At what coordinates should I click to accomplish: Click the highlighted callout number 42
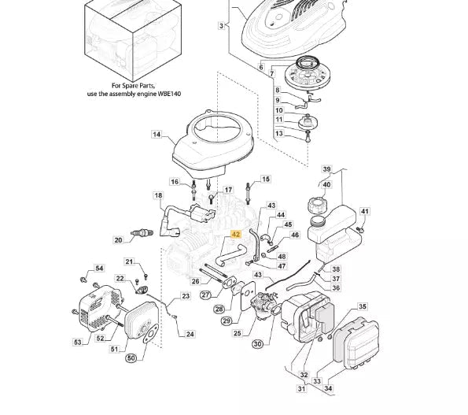[x=236, y=234]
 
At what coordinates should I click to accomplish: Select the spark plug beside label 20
[x=142, y=232]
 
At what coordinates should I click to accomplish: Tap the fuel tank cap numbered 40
[x=317, y=206]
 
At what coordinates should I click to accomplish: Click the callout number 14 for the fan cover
[x=157, y=135]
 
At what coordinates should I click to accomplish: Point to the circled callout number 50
[x=131, y=358]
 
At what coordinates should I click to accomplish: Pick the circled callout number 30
[x=257, y=344]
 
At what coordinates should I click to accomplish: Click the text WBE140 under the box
[x=169, y=94]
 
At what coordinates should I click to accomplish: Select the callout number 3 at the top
[x=221, y=26]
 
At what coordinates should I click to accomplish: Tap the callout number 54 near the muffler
[x=99, y=269]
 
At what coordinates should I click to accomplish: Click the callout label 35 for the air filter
[x=363, y=306]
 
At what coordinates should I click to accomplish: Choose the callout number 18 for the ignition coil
[x=158, y=195]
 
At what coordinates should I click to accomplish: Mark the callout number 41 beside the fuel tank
[x=365, y=211]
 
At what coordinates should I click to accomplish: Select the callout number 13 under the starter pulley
[x=278, y=133]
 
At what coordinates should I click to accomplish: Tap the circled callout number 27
[x=205, y=295]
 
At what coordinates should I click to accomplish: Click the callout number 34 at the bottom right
[x=328, y=388]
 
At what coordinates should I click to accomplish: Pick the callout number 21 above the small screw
[x=129, y=261]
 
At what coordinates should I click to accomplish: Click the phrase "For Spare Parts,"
[x=134, y=86]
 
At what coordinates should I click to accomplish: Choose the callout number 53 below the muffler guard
[x=78, y=342]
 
